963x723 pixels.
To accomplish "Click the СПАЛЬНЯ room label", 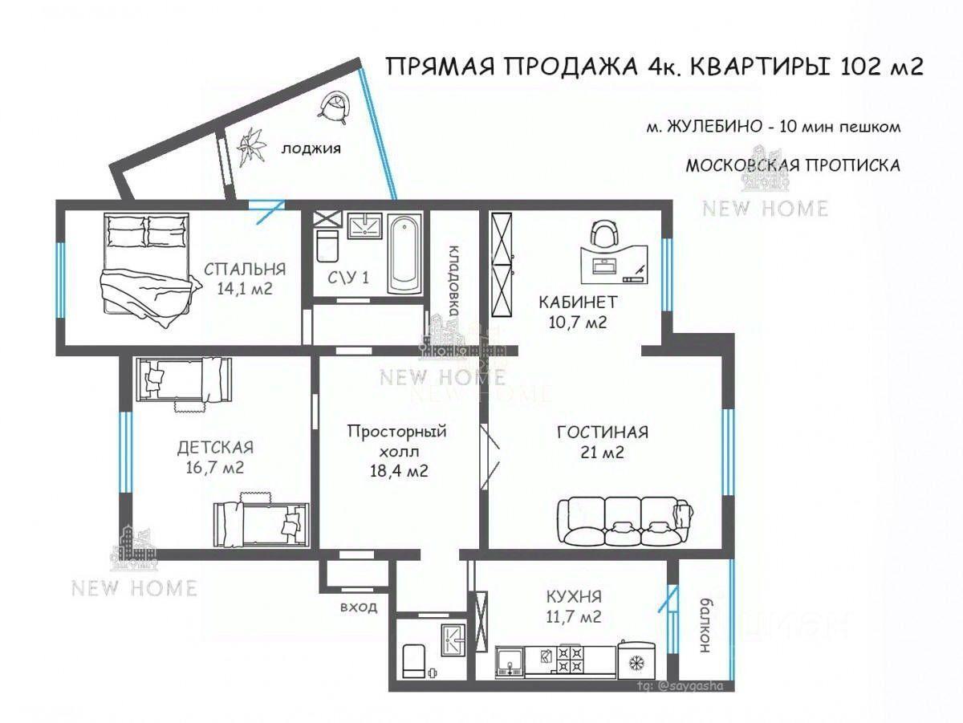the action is pyautogui.click(x=245, y=270).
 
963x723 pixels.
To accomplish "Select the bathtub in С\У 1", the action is pyautogui.click(x=404, y=254).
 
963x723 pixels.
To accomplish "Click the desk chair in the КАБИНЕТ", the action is pyautogui.click(x=605, y=234).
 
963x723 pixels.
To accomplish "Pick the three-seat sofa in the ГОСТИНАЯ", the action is pyautogui.click(x=625, y=521).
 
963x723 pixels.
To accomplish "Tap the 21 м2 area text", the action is pyautogui.click(x=602, y=453).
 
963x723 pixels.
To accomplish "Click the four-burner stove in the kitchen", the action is pyautogui.click(x=570, y=660).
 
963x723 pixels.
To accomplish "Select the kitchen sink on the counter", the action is pyautogui.click(x=510, y=662).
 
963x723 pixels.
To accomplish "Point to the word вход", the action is pyautogui.click(x=359, y=607).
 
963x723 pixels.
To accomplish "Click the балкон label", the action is pyautogui.click(x=705, y=625).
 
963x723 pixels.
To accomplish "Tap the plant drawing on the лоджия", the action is pyautogui.click(x=252, y=147).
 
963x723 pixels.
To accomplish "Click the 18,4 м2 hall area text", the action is pyautogui.click(x=399, y=471).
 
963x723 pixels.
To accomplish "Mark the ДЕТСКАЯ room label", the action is pyautogui.click(x=215, y=448).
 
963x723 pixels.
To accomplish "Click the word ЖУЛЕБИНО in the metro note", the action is pyautogui.click(x=714, y=127).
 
